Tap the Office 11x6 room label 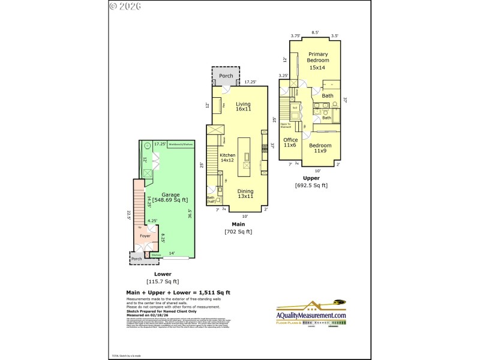(x=290, y=143)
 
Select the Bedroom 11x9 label (x=320, y=148)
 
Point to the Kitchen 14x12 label (x=227, y=158)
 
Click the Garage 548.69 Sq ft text (x=170, y=197)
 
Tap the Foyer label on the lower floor (x=145, y=236)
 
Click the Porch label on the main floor (x=226, y=76)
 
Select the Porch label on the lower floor (x=137, y=259)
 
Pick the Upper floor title (x=311, y=178)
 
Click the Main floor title (x=238, y=224)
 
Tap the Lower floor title (x=163, y=274)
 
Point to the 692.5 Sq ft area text (x=311, y=185)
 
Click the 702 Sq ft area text (x=238, y=232)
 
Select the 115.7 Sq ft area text (x=163, y=281)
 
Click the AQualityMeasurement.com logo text (x=311, y=316)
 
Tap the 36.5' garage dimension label (x=190, y=214)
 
